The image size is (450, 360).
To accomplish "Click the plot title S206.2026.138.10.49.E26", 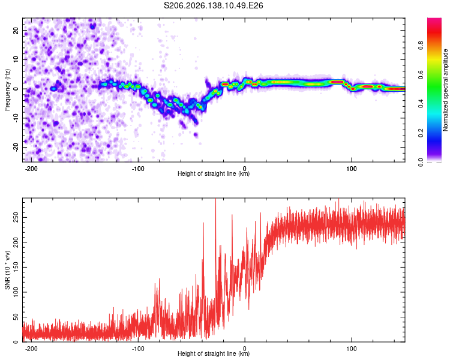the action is click(213, 5).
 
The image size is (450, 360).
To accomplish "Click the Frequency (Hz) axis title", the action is click(7, 90).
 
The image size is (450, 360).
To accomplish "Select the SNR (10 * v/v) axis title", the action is click(7, 270).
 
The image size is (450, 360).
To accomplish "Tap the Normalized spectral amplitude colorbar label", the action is click(445, 90).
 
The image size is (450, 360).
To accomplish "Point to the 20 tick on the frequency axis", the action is click(16, 30).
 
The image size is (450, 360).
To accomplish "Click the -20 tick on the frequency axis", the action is click(16, 148).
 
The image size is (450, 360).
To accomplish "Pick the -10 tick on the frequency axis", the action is click(16, 118).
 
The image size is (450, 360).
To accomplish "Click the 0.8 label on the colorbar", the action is click(421, 45).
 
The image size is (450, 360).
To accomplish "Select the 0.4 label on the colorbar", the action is click(421, 103).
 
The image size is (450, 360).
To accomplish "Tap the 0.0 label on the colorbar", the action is click(421, 162).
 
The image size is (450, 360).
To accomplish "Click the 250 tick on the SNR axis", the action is click(16, 217).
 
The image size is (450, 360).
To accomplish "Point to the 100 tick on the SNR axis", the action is click(16, 292).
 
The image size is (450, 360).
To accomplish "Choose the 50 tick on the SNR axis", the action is click(16, 317).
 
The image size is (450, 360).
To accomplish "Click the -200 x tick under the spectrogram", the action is click(31, 169).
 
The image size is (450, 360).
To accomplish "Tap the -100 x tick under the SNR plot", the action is click(138, 349).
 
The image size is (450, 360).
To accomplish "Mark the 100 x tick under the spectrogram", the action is click(351, 169).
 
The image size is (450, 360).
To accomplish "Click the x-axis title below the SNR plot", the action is click(214, 353).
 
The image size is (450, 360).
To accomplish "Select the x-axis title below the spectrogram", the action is click(214, 173).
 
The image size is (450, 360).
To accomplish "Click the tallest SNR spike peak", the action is click(215, 199).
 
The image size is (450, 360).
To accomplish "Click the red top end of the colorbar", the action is click(434, 20).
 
